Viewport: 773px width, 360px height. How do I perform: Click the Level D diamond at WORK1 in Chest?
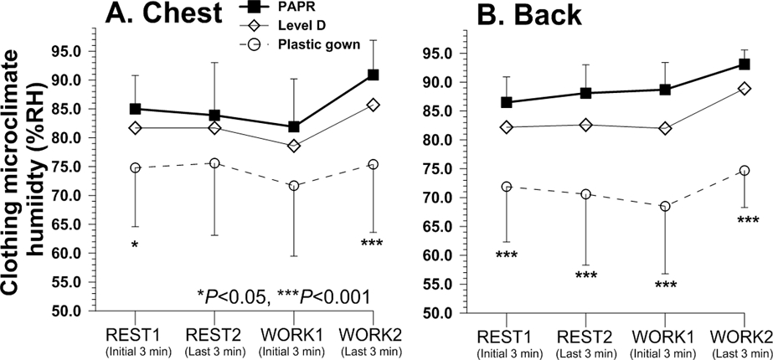(x=294, y=146)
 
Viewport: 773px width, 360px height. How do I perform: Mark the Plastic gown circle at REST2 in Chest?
(x=215, y=163)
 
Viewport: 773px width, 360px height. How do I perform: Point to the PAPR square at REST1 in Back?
(x=508, y=102)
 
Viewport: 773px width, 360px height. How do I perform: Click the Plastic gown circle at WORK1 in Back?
(x=665, y=206)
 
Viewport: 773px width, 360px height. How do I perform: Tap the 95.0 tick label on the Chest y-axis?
(x=64, y=51)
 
